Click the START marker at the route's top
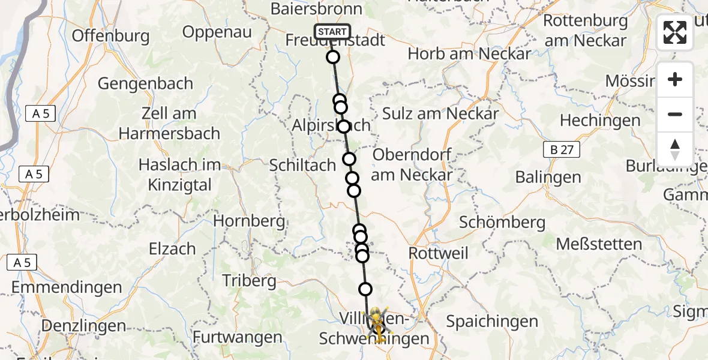[332, 32]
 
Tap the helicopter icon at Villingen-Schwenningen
[376, 325]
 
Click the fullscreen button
[675, 32]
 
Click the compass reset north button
[675, 149]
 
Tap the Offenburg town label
[110, 35]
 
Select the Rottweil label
[438, 253]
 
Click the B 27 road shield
[562, 150]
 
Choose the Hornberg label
[249, 221]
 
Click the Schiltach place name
[303, 165]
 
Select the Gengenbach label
[145, 83]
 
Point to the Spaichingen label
[492, 321]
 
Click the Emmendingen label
[67, 287]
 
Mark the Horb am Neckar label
[469, 53]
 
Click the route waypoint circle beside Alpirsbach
[343, 127]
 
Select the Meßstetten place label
[599, 244]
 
